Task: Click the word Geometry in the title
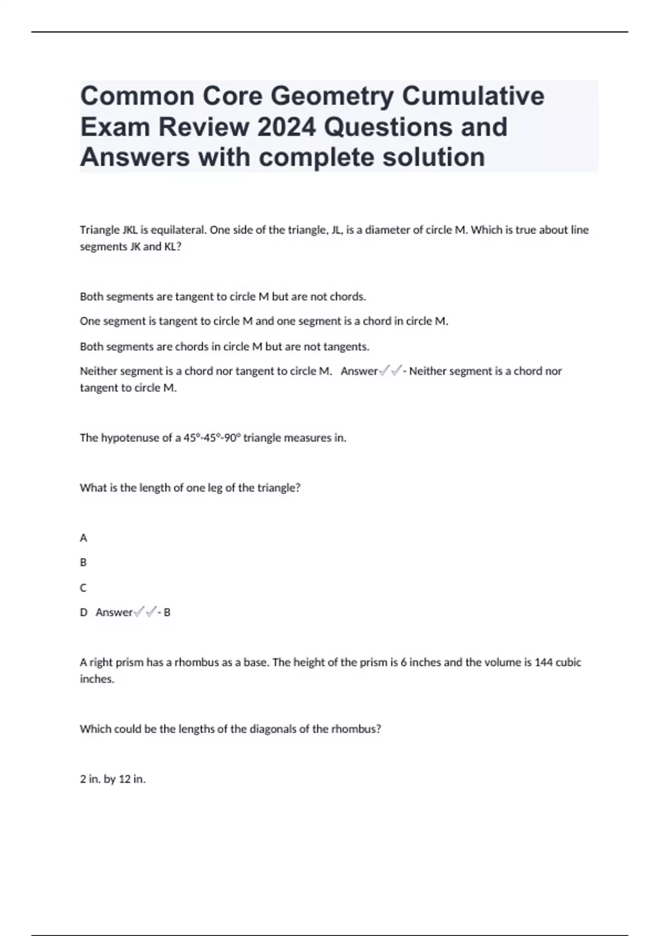click(x=332, y=96)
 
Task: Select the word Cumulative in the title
click(x=473, y=96)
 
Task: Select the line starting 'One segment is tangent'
click(x=264, y=321)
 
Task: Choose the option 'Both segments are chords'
click(x=224, y=346)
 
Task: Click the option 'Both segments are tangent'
click(x=223, y=297)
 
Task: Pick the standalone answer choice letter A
click(x=84, y=538)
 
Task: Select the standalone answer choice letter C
click(x=84, y=588)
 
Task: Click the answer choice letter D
click(x=84, y=612)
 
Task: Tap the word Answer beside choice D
click(x=114, y=612)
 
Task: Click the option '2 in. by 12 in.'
click(x=113, y=779)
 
